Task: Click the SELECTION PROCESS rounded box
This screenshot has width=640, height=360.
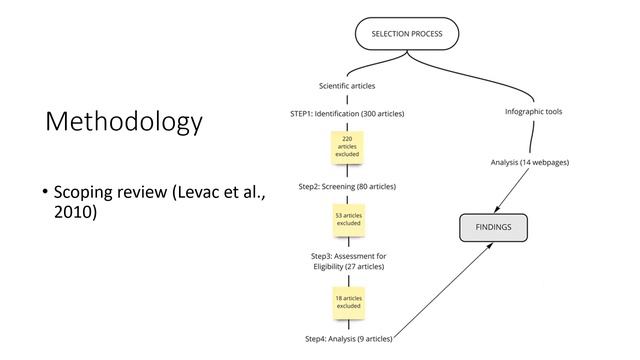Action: (x=407, y=34)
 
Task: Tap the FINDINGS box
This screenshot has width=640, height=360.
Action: (x=493, y=227)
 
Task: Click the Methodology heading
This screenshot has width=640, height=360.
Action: (x=124, y=122)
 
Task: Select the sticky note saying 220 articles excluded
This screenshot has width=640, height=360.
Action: (x=347, y=147)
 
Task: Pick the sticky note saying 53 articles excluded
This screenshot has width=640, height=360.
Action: (x=349, y=220)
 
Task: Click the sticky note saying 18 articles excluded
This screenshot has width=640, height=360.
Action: (x=349, y=302)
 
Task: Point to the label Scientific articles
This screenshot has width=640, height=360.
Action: (x=347, y=86)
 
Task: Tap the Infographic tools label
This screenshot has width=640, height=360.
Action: (x=533, y=111)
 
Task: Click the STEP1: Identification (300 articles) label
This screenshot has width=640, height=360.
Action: (x=347, y=113)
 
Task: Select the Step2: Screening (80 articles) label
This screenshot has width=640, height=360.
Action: (x=347, y=187)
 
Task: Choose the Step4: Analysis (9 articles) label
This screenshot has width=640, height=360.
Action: (x=349, y=339)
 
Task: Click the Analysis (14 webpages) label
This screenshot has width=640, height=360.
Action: (x=530, y=162)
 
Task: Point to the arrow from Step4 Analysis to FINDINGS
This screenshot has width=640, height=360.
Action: (x=443, y=291)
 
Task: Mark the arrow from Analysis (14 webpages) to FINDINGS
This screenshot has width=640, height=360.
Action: (x=511, y=190)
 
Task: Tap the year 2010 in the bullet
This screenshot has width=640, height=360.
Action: (x=76, y=212)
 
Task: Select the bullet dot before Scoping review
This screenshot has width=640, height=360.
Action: (x=45, y=191)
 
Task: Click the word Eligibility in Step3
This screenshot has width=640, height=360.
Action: (x=328, y=267)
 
